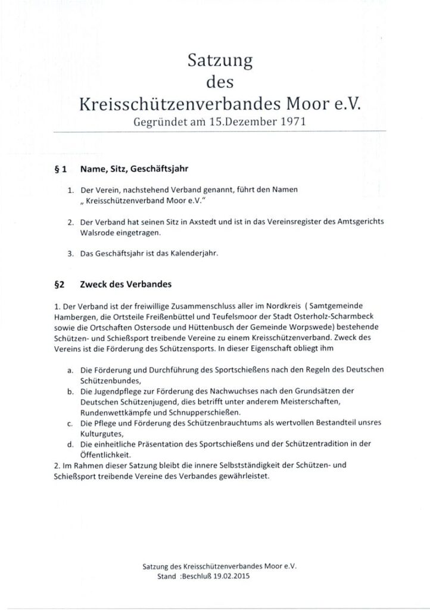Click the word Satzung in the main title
click(221, 61)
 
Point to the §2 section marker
click(58, 285)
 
